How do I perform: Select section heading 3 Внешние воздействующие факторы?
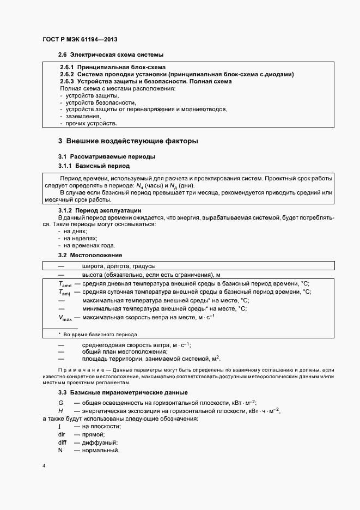point(128,141)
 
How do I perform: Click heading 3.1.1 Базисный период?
point(94,165)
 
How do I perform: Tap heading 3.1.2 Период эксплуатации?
point(100,210)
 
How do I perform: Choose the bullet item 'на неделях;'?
point(80,238)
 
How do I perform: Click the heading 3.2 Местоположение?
point(90,255)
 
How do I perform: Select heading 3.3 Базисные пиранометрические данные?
point(123,392)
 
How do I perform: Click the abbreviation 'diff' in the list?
point(62,442)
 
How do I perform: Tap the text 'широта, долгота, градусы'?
point(119,266)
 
